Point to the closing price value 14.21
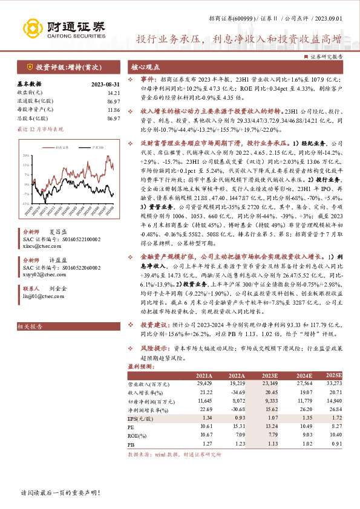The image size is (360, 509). (113, 92)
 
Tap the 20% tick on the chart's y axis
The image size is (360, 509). (26, 156)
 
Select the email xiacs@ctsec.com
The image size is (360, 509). (38, 247)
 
